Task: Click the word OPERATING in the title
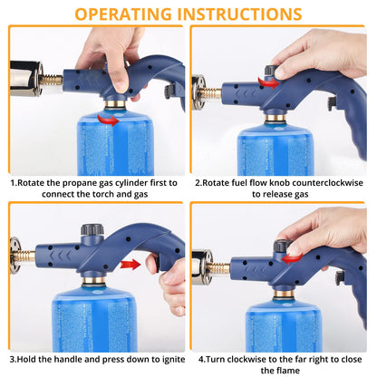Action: click(123, 14)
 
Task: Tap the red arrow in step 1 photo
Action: click(108, 120)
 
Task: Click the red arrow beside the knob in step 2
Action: click(269, 82)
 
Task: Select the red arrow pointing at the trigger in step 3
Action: click(130, 265)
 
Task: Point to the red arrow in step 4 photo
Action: click(292, 258)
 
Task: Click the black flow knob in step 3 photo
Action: click(92, 229)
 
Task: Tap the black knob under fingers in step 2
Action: click(271, 70)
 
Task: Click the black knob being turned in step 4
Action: click(282, 246)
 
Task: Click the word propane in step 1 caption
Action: click(80, 183)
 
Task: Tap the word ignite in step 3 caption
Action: click(174, 360)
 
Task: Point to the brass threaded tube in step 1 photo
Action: click(51, 81)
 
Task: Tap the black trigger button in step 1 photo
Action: click(170, 92)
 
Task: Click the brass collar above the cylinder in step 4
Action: click(284, 294)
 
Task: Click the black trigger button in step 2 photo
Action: click(333, 103)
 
